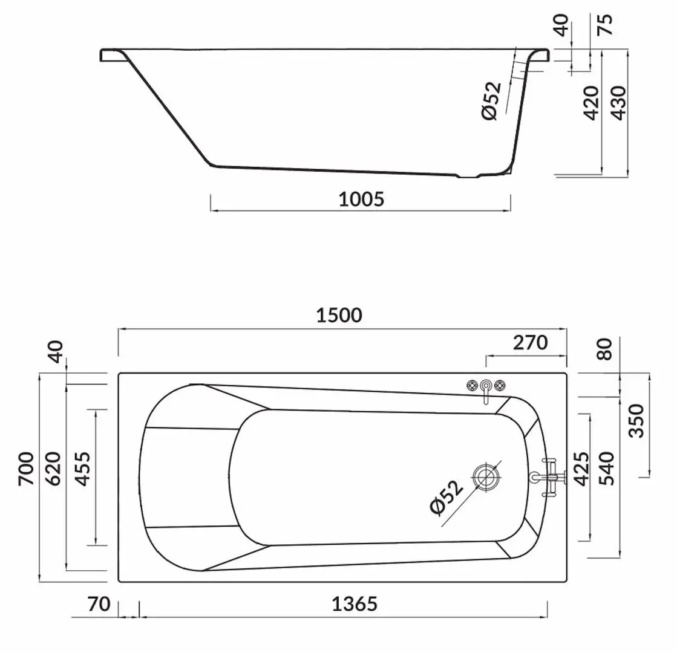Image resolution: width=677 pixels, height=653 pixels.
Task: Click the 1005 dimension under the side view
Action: (x=361, y=199)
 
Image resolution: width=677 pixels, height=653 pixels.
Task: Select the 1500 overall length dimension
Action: (x=339, y=315)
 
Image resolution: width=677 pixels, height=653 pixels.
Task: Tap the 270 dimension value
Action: (x=530, y=342)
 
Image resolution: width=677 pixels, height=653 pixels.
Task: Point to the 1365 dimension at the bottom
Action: (x=355, y=603)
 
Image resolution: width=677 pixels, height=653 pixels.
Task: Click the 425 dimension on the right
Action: (x=581, y=469)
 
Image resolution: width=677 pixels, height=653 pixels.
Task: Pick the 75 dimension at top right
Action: (x=606, y=25)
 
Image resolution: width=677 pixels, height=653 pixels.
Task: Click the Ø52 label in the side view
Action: (x=492, y=100)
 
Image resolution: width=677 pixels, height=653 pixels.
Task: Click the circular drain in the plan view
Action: (x=485, y=476)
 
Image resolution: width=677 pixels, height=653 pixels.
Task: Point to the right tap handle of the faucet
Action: (x=500, y=386)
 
